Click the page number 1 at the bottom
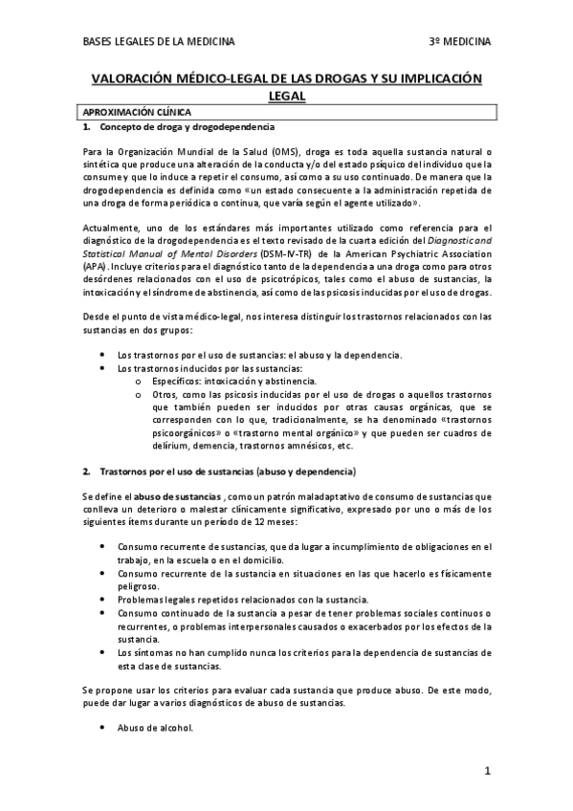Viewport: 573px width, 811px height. tap(487, 771)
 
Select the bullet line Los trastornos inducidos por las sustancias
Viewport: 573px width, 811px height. tap(209, 368)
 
